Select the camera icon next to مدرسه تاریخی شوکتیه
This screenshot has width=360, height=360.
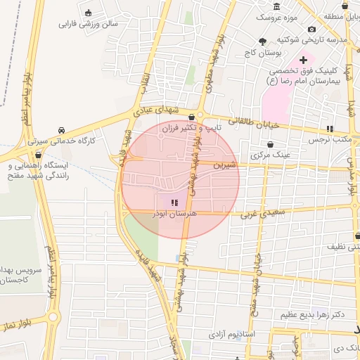point(312,30)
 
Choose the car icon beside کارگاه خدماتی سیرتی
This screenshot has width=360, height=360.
point(63,130)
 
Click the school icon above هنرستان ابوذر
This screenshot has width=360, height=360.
point(174,202)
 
